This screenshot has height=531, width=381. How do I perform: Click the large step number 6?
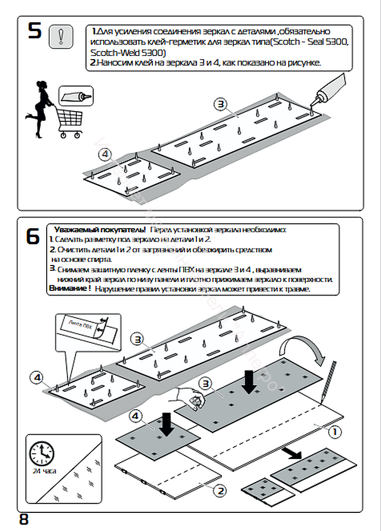tap(33, 236)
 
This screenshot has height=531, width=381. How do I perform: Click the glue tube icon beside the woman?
tap(75, 96)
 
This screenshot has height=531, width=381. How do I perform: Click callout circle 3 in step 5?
tap(220, 104)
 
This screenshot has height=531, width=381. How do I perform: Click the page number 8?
tap(24, 519)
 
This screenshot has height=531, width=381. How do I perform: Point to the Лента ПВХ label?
tap(82, 327)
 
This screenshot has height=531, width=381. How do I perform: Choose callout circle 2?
tap(219, 491)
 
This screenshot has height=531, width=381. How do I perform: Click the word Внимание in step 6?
tap(69, 288)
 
